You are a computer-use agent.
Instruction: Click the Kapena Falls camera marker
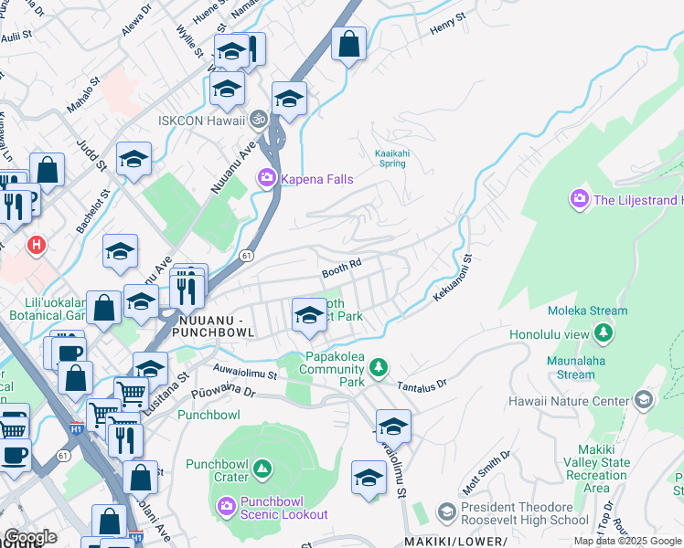[x=267, y=178]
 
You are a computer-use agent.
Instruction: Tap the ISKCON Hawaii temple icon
[x=259, y=120]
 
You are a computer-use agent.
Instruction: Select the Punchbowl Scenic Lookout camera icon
[x=226, y=504]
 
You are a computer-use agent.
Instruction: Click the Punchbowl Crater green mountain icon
[x=262, y=469]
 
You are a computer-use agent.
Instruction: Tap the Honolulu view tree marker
[x=604, y=334]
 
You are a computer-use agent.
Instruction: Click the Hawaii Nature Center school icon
[x=644, y=400]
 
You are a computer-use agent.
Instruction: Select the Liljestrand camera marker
[x=579, y=199]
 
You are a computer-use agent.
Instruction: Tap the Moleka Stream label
[x=596, y=311]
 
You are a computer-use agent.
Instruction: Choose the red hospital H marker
[x=37, y=245]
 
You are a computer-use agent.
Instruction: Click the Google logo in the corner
[x=30, y=537]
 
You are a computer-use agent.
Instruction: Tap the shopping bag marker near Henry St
[x=348, y=43]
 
